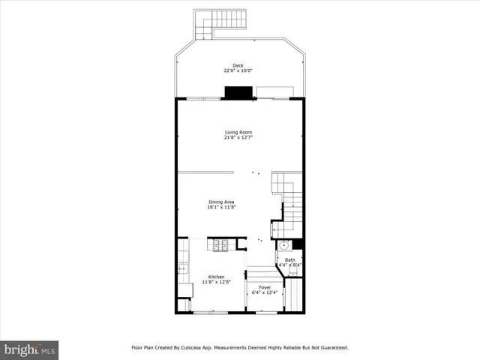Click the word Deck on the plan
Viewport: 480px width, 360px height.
(x=238, y=65)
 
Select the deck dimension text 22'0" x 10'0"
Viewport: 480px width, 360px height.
(x=238, y=71)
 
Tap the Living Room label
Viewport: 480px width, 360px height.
(x=238, y=132)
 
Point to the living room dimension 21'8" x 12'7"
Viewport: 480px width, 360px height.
(x=238, y=138)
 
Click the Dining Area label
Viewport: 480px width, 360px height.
(x=222, y=201)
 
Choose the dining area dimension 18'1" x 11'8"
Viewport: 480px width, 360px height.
(x=222, y=207)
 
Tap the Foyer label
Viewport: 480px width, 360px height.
(x=265, y=287)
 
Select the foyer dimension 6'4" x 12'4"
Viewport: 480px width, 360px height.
(x=265, y=292)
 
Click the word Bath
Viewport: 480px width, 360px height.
(x=289, y=260)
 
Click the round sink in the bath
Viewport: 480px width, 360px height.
(x=284, y=245)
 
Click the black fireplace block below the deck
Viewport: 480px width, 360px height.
(x=238, y=92)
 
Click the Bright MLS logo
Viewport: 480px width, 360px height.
(x=29, y=349)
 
